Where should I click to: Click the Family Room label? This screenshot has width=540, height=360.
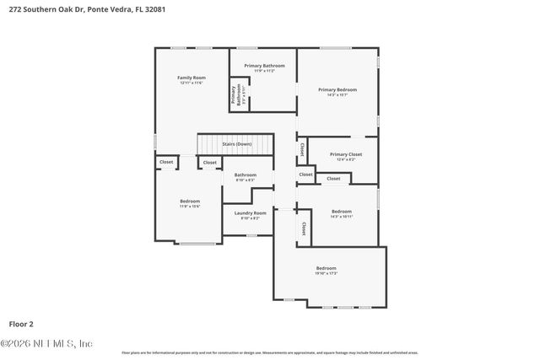click(192, 78)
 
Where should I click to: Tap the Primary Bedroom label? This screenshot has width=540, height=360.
click(337, 89)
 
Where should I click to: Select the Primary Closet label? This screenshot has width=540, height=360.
click(345, 154)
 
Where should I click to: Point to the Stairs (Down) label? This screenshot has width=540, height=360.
click(237, 144)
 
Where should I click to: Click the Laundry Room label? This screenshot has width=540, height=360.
click(250, 213)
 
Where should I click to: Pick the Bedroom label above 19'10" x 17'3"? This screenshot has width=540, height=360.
click(326, 268)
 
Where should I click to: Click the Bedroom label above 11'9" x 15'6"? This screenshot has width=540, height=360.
click(190, 201)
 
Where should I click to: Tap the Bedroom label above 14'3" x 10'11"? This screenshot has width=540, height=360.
click(341, 211)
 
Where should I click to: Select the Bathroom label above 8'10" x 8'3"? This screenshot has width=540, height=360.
click(246, 175)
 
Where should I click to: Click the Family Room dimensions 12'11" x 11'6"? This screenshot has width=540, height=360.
click(192, 83)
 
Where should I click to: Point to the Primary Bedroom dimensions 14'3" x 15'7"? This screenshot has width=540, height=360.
click(337, 95)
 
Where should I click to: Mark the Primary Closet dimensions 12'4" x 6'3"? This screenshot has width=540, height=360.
click(345, 160)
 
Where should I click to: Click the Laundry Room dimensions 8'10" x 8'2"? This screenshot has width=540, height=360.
click(250, 219)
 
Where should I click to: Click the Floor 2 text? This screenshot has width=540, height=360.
click(21, 323)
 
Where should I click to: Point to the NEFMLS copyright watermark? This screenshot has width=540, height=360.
click(46, 343)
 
